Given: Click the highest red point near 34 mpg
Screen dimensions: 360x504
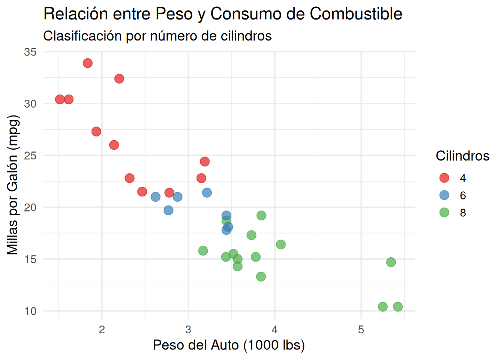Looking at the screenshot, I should pyautogui.click(x=87, y=63).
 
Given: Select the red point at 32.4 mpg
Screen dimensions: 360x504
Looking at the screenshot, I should pyautogui.click(x=119, y=79).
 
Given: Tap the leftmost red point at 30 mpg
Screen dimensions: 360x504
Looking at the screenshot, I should pyautogui.click(x=60, y=99).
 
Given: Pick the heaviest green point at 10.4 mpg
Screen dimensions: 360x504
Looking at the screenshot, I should pyautogui.click(x=397, y=307).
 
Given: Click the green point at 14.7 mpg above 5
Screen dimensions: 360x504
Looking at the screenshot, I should pyautogui.click(x=391, y=262).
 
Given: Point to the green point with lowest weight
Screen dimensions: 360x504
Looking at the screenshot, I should pyautogui.click(x=203, y=250).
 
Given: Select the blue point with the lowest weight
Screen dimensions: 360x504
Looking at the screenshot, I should pyautogui.click(x=155, y=197).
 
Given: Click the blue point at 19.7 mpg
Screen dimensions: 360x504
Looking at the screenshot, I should pyautogui.click(x=168, y=210).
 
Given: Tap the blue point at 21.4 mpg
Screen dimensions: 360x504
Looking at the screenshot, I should pyautogui.click(x=207, y=193).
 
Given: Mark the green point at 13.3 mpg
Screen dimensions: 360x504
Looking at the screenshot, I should pyautogui.click(x=261, y=277).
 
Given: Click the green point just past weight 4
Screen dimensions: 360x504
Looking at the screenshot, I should pyautogui.click(x=280, y=244).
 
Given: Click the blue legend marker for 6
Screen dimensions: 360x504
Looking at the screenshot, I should pyautogui.click(x=444, y=195).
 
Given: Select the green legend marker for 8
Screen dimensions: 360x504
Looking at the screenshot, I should pyautogui.click(x=444, y=213).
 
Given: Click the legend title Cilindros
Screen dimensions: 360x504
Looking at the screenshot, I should pyautogui.click(x=462, y=156).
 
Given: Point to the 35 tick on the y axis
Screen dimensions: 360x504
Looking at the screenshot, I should pyautogui.click(x=30, y=52).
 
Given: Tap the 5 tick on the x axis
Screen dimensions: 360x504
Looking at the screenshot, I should pyautogui.click(x=361, y=330).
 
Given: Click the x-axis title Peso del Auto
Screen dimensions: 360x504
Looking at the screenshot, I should pyautogui.click(x=229, y=345).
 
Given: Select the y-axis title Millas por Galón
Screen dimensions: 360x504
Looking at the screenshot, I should pyautogui.click(x=13, y=185).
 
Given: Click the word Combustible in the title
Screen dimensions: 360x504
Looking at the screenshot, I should pyautogui.click(x=356, y=14).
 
